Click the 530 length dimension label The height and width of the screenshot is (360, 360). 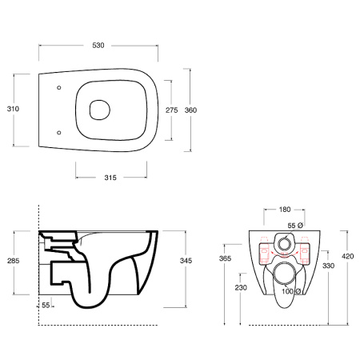pos(98,46)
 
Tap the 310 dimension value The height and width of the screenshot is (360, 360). pos(13,109)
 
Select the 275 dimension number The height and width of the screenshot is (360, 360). pos(171,110)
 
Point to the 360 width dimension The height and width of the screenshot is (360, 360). pos(190,110)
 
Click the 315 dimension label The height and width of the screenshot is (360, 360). pos(110,178)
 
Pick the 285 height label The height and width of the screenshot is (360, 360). pos(14,261)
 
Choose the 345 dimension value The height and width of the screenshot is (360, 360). pos(186,261)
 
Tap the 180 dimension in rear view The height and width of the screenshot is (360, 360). pos(285,210)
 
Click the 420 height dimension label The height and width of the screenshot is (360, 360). pos(348,256)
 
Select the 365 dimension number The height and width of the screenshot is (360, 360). pos(225,258)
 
